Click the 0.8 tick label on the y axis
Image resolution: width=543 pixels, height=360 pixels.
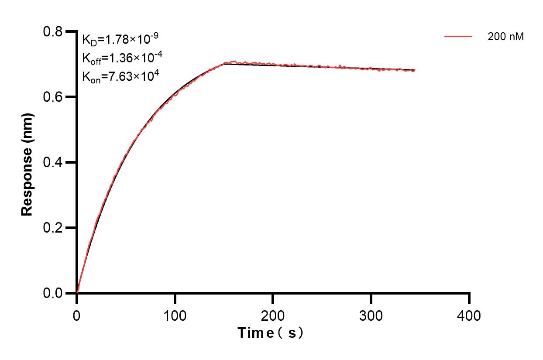53,31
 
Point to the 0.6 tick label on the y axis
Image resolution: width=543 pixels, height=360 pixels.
53,97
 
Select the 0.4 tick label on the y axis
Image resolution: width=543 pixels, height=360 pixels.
53,162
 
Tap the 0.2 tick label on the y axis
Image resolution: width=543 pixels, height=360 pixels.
53,228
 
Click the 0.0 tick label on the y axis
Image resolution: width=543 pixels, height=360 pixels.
53,293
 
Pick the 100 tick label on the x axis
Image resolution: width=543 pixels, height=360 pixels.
175,315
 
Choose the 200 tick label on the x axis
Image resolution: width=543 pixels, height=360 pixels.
273,315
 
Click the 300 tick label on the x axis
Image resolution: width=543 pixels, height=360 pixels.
371,315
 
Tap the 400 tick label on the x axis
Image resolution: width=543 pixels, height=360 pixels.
469,315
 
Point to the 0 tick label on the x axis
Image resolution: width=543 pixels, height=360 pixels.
77,315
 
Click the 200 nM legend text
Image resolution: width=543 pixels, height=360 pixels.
505,37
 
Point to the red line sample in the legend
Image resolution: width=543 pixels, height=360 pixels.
458,37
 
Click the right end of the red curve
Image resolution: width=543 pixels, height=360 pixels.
414,70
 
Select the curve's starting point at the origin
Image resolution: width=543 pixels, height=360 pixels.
77,293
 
